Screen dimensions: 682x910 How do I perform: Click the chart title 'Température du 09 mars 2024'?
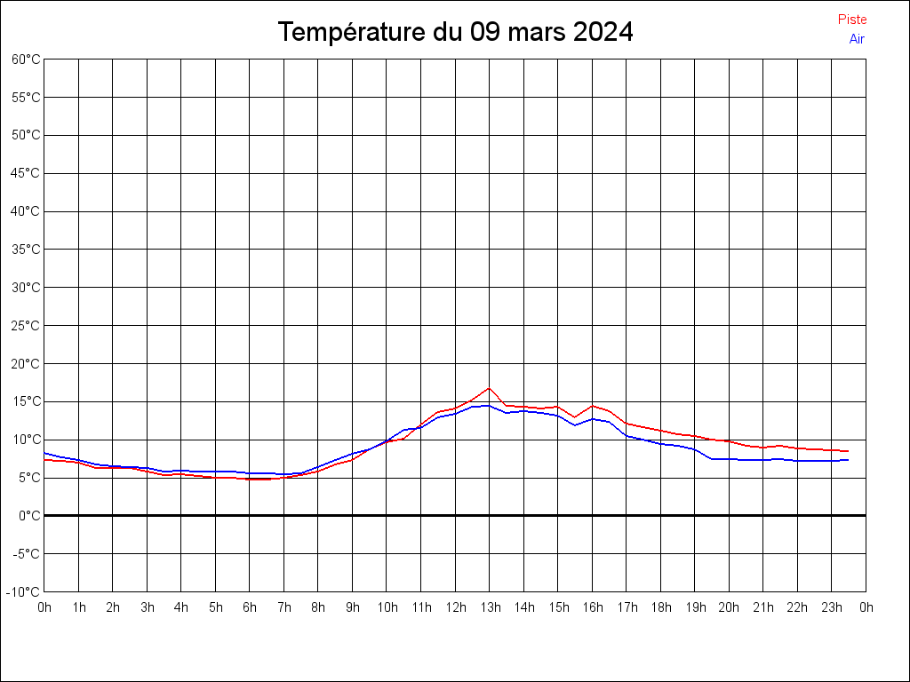point(455,32)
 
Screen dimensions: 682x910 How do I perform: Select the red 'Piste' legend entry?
point(852,20)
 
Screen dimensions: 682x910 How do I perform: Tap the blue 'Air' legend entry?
point(857,39)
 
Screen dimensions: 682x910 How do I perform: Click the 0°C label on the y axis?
point(30,515)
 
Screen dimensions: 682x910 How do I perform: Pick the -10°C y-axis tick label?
point(25,591)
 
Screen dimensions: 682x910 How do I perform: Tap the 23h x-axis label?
point(832,608)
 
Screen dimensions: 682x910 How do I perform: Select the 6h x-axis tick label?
point(250,608)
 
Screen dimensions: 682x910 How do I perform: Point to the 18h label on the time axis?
point(660,608)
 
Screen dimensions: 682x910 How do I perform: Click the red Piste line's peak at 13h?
point(489,388)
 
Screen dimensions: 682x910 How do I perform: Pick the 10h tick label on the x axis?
point(387,608)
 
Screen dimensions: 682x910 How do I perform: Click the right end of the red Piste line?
point(848,451)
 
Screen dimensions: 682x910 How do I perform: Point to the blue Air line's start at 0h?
point(44,453)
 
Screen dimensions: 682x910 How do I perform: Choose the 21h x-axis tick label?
point(763,608)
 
